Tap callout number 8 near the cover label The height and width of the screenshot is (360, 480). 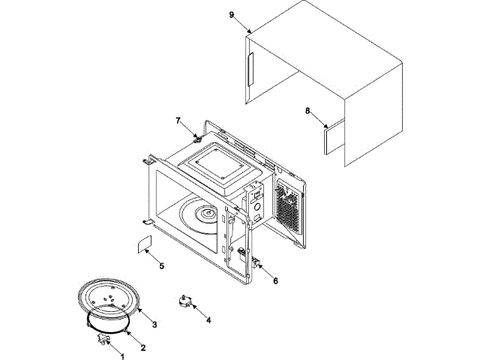click(307, 111)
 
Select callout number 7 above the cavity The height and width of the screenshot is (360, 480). click(178, 120)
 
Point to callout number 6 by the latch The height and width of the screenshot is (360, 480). click(275, 281)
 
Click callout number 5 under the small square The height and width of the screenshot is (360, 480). click(161, 265)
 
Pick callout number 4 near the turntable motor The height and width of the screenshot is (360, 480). click(208, 320)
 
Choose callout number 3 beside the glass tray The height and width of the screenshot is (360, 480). click(154, 324)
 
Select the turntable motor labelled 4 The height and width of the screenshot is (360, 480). click(183, 301)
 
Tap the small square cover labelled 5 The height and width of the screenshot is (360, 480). click(143, 245)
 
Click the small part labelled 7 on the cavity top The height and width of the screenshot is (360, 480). click(198, 137)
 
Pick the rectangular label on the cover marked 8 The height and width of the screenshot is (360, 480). click(331, 139)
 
